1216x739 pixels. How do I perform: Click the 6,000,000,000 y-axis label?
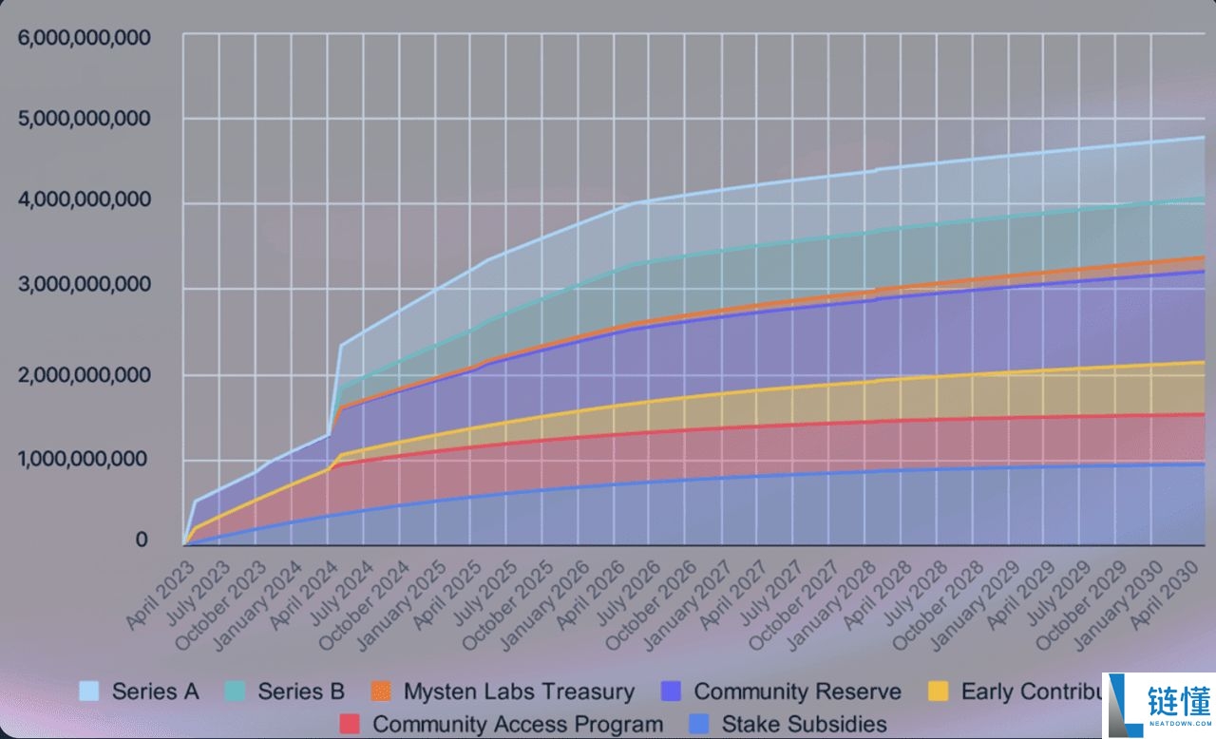84,38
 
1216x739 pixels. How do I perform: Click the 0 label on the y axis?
142,540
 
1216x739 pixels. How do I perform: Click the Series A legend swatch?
89,692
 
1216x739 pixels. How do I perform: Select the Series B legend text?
301,692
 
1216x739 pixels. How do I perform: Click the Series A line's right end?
1204,138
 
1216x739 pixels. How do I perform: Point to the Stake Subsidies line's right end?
1204,464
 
